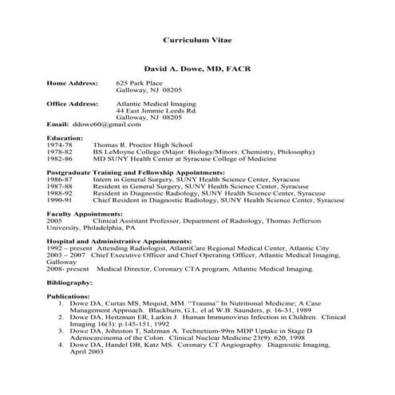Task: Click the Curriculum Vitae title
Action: click(196, 39)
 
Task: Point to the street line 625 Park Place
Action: click(140, 83)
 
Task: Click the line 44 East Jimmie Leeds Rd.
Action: click(156, 111)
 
